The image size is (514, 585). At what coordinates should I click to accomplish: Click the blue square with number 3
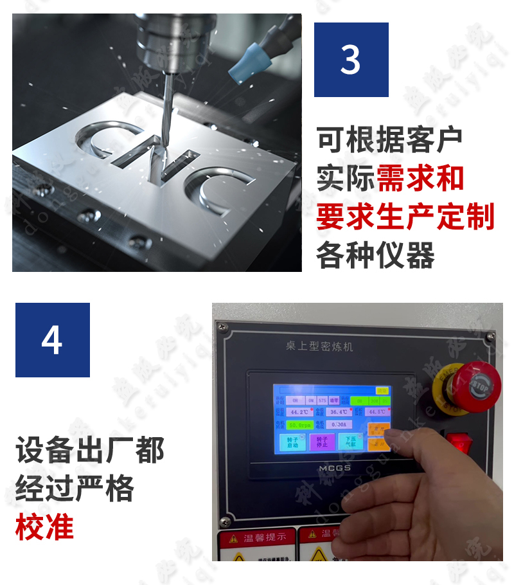(351, 60)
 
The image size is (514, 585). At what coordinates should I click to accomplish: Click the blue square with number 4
(52, 340)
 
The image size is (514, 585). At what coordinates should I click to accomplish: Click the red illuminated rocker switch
(459, 443)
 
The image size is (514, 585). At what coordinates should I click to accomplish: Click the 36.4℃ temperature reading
(339, 411)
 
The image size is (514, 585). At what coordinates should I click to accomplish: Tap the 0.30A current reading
(339, 425)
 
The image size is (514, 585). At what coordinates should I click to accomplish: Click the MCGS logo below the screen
(334, 468)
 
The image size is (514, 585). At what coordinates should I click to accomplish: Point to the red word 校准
(44, 526)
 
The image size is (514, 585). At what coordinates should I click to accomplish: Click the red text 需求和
(420, 178)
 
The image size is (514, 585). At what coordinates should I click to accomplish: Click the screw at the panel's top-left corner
(223, 328)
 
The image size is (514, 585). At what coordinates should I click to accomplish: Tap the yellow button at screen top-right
(382, 390)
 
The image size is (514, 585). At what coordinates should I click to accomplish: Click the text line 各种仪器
(375, 255)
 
